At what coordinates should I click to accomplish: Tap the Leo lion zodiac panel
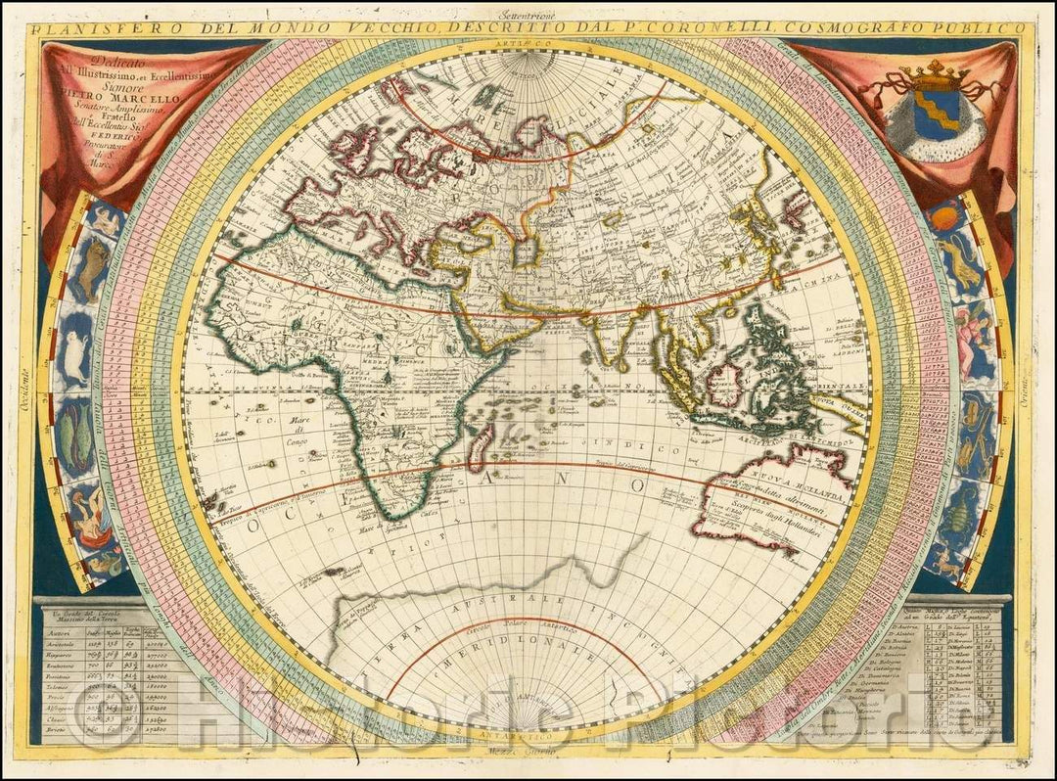click(x=958, y=265)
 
